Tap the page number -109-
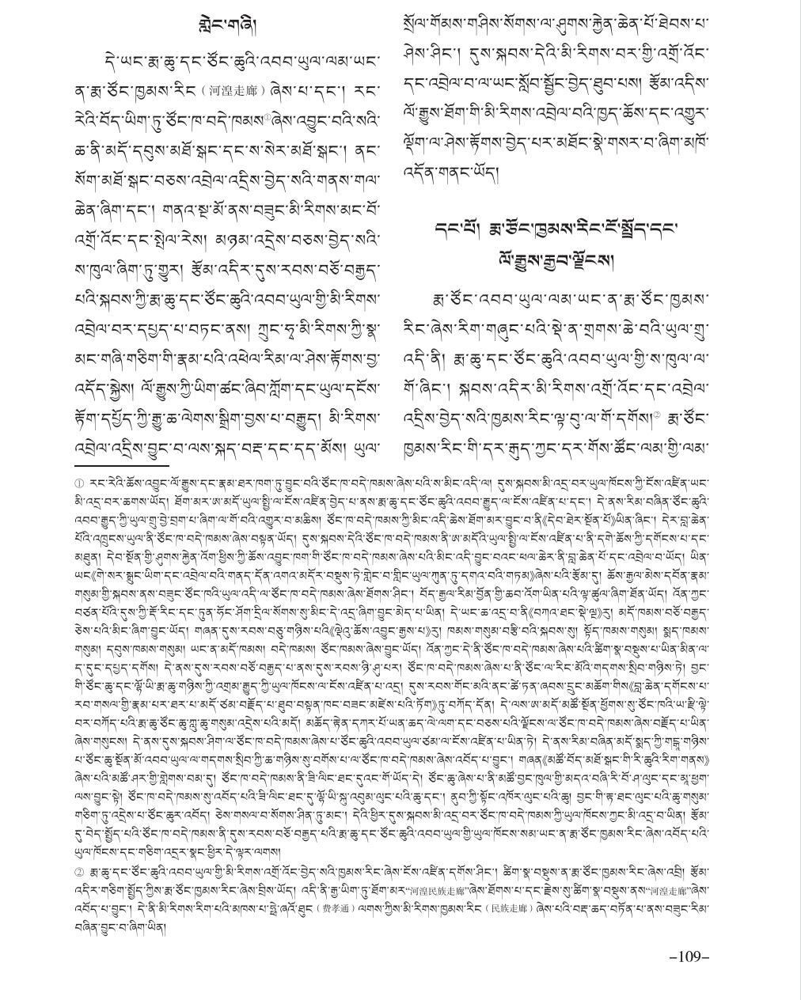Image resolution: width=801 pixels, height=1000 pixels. (689, 956)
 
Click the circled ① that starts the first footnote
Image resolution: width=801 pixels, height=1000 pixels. (79, 483)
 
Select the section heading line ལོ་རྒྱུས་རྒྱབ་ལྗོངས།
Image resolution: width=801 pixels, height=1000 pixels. (556, 258)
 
